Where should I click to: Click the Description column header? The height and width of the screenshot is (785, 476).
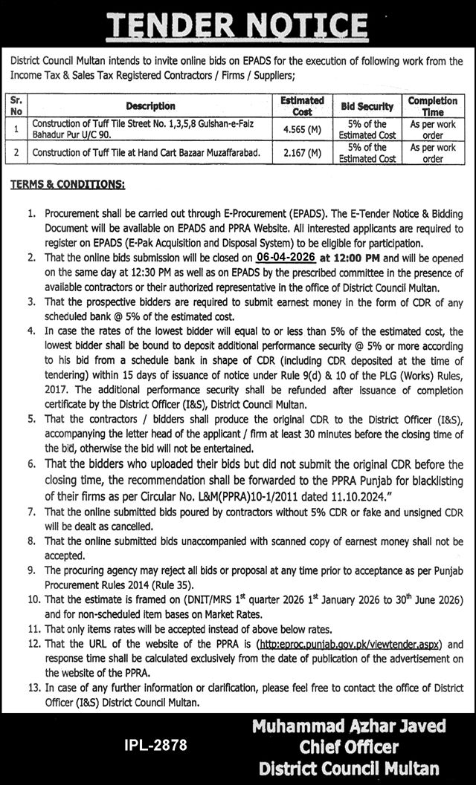[150, 106]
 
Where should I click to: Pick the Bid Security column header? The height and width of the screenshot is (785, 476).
[367, 106]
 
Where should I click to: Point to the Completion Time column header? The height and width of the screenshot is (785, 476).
[432, 105]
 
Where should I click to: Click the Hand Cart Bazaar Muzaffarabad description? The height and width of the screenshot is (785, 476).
[146, 154]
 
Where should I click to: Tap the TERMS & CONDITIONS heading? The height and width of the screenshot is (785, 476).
[66, 183]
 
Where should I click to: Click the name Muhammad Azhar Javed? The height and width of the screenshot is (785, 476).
[348, 725]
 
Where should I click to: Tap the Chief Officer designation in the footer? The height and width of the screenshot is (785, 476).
[348, 746]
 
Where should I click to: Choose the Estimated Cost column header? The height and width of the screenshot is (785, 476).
[302, 105]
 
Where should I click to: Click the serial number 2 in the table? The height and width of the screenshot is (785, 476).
[16, 154]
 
